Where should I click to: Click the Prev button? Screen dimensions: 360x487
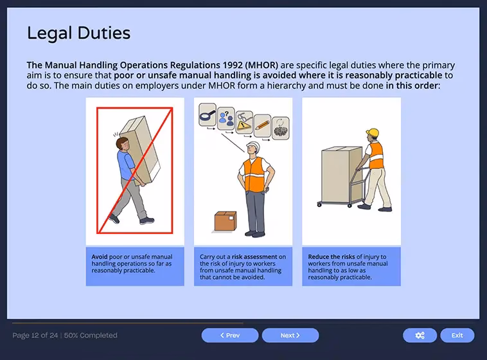click(229, 335)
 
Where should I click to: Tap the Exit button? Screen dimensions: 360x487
click(457, 335)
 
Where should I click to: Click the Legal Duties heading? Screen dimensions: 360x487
click(78, 33)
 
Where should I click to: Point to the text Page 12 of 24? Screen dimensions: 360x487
click(35, 335)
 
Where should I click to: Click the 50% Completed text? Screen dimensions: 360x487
click(91, 335)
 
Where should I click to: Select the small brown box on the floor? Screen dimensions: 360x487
click(225, 222)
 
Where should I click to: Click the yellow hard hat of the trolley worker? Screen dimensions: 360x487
click(372, 133)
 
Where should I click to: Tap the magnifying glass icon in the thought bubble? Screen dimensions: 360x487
click(207, 114)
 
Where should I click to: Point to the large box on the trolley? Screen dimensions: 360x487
click(341, 167)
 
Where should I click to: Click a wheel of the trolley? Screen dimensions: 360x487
click(320, 204)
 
